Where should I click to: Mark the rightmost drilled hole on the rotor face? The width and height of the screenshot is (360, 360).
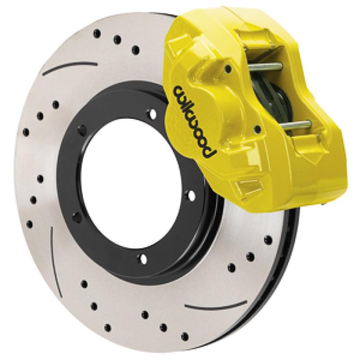click(269, 239)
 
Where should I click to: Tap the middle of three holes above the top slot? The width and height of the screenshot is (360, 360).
click(116, 38)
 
